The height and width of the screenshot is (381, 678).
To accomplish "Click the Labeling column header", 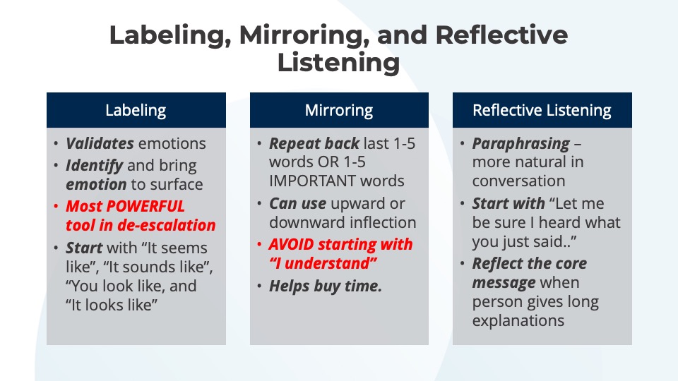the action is click(136, 110).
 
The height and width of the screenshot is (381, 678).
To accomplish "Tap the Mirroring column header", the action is click(339, 110).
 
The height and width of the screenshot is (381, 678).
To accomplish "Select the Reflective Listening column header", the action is click(542, 110).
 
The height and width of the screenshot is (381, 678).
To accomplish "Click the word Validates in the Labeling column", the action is click(100, 143).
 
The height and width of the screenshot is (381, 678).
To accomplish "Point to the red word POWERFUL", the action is click(145, 206).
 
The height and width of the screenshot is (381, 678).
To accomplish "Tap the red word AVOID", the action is click(291, 245).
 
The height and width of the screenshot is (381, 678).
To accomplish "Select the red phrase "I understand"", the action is click(323, 263).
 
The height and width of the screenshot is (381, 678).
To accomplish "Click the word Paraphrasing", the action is click(521, 144).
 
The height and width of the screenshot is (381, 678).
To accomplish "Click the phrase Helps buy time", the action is click(326, 286).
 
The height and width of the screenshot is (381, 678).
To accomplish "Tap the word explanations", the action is click(518, 321).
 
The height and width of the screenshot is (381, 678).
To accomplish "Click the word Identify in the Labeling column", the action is click(94, 166).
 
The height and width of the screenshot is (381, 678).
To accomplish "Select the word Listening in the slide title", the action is click(338, 63).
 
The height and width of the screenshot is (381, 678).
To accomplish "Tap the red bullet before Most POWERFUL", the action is click(56, 207).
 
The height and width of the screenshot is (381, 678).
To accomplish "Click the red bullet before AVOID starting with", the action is click(259, 245).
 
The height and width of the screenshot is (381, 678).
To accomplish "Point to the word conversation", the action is click(518, 181).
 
